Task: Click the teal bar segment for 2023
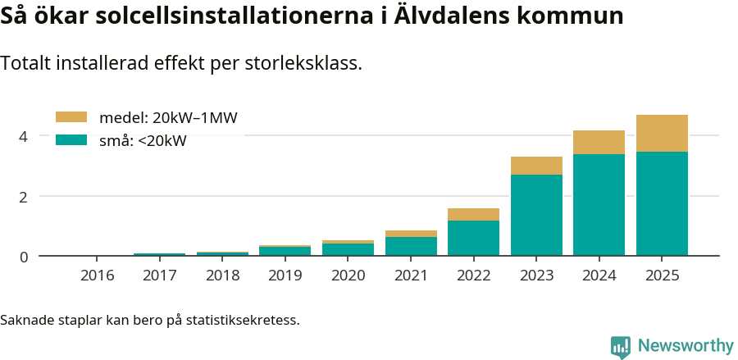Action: (x=536, y=215)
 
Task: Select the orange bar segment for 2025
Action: (x=662, y=133)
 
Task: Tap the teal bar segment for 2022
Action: (x=473, y=238)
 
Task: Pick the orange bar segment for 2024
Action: (x=599, y=142)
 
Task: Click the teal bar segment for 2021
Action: (x=411, y=246)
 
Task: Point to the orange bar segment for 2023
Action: (x=536, y=166)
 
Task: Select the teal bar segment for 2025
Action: (x=662, y=203)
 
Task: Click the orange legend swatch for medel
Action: (x=71, y=117)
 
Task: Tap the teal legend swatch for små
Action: (x=71, y=140)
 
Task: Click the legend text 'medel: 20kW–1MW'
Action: (x=167, y=118)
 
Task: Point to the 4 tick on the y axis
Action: (x=24, y=136)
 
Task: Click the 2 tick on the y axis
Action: (x=24, y=197)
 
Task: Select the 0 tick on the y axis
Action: (x=24, y=257)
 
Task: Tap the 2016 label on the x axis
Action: (x=97, y=275)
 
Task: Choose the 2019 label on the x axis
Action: (x=285, y=275)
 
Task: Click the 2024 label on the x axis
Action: (x=599, y=275)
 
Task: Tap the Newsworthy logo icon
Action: (x=621, y=346)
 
